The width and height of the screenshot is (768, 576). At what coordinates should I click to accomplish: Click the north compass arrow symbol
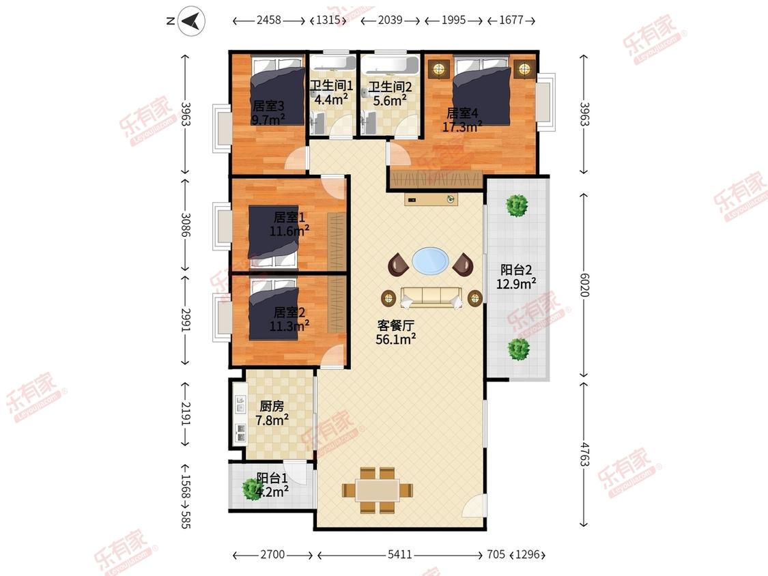pyautogui.click(x=191, y=20)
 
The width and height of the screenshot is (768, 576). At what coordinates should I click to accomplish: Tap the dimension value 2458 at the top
pyautogui.click(x=269, y=20)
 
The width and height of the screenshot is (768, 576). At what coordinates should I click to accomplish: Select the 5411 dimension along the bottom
pyautogui.click(x=399, y=554)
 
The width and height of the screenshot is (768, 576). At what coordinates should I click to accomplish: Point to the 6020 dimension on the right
pyautogui.click(x=584, y=285)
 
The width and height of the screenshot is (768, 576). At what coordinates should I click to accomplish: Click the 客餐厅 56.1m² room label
pyautogui.click(x=396, y=332)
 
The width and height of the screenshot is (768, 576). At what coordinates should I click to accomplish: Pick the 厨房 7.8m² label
pyautogui.click(x=272, y=413)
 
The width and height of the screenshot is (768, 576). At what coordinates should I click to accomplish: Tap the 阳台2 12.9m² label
pyautogui.click(x=516, y=276)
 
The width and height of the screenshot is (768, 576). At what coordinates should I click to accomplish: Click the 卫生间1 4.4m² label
pyautogui.click(x=331, y=93)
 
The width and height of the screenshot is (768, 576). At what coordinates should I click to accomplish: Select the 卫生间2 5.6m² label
pyautogui.click(x=390, y=93)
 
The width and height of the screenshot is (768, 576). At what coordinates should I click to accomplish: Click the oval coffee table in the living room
pyautogui.click(x=429, y=260)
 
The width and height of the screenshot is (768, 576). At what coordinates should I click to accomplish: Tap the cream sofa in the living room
pyautogui.click(x=431, y=298)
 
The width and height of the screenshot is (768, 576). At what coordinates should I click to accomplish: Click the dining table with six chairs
pyautogui.click(x=377, y=490)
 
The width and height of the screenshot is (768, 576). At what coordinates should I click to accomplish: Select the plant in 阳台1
pyautogui.click(x=251, y=489)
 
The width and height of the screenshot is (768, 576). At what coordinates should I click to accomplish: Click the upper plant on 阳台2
pyautogui.click(x=517, y=205)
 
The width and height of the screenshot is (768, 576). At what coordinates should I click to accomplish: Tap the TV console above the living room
pyautogui.click(x=431, y=199)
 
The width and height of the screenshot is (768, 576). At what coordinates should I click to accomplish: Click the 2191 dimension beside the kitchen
pyautogui.click(x=185, y=414)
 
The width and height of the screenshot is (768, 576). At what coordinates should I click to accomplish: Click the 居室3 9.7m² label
pyautogui.click(x=268, y=113)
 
